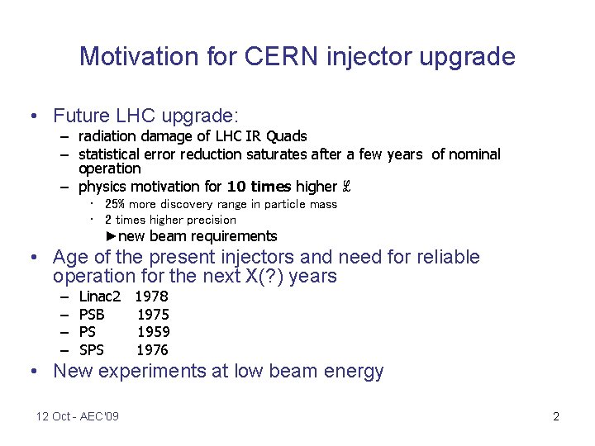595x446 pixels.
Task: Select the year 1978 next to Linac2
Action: tap(151, 296)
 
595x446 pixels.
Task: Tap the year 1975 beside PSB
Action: tap(153, 314)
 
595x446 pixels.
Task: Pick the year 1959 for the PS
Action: tap(153, 332)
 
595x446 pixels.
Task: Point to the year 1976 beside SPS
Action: tap(153, 350)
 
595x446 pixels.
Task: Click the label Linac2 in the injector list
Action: tap(99, 296)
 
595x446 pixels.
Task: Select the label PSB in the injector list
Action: tap(92, 314)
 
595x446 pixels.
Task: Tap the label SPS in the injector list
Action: tap(91, 350)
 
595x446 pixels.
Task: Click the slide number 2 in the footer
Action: tap(556, 416)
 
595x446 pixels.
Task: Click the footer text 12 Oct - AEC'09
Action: tap(78, 416)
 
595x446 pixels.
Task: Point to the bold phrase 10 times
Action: tap(259, 187)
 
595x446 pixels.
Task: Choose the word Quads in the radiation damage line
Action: tap(287, 136)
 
